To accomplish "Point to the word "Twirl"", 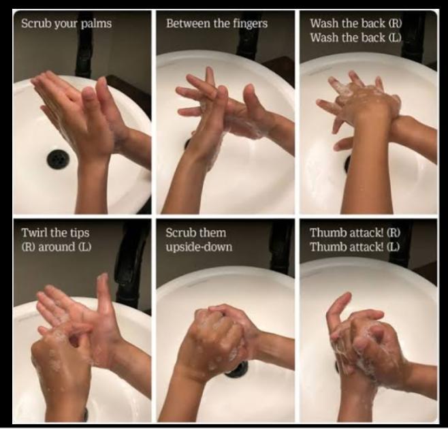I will click(34, 233).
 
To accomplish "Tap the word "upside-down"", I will click(198, 246).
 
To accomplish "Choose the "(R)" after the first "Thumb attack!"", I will click(396, 233).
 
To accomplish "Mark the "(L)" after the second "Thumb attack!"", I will click(395, 246).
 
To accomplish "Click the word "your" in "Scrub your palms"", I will click(67, 24).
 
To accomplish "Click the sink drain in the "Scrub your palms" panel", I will click(57, 159).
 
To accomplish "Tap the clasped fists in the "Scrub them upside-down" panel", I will click(221, 334).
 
